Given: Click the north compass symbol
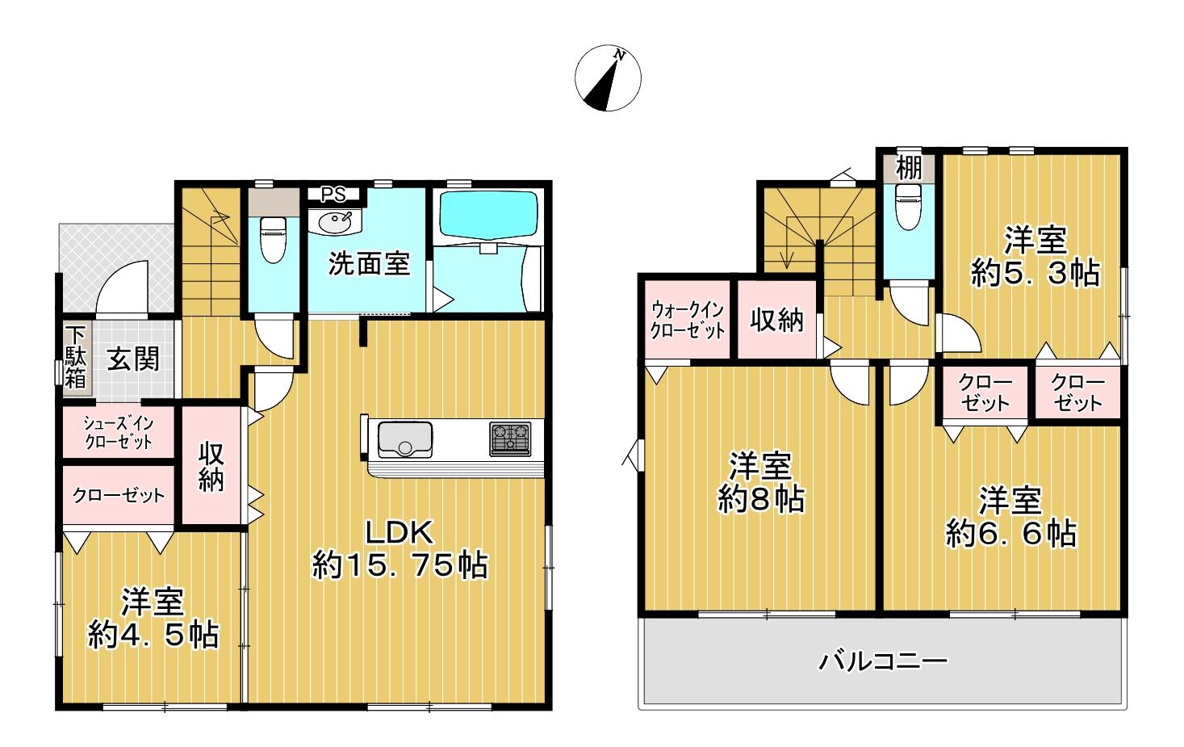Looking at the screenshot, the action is [608, 78].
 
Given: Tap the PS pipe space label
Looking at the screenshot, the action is [334, 195].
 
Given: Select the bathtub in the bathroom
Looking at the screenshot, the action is [487, 214].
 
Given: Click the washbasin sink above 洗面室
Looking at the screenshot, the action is [335, 221].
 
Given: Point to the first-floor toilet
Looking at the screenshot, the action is [274, 238].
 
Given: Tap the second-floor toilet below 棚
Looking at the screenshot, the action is [909, 206].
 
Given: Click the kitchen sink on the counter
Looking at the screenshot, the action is [405, 439].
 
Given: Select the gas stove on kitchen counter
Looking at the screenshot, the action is [510, 439].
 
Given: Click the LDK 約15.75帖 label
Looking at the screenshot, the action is [400, 549].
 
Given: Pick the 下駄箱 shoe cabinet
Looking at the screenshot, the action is [76, 358].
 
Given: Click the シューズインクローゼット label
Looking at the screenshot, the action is [119, 433].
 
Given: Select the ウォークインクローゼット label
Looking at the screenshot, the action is [687, 320].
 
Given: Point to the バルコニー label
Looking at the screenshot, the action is [883, 661].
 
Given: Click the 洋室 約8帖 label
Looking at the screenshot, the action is [760, 482].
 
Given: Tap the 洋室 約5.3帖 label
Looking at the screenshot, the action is [1035, 257].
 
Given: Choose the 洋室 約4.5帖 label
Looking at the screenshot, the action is [153, 618].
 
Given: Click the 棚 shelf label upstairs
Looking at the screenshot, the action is [909, 168].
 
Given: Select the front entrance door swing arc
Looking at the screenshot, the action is [127, 275].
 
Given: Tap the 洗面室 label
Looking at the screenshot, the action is [369, 263].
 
